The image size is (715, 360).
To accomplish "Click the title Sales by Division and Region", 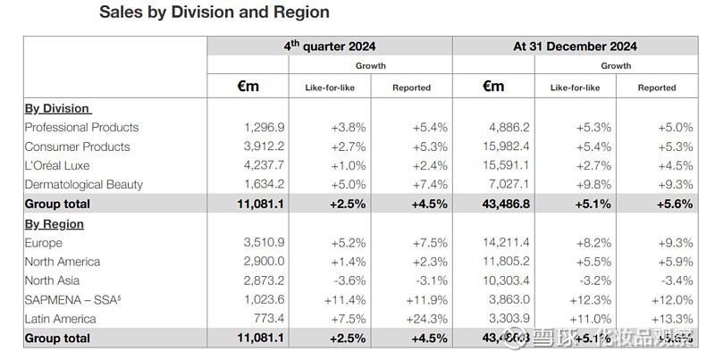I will tap(214, 13).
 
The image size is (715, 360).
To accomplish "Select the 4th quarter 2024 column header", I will tap(330, 46).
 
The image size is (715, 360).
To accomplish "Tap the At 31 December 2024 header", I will tap(575, 46).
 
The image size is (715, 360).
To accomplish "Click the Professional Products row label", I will tap(81, 128).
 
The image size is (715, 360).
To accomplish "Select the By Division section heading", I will tap(57, 108).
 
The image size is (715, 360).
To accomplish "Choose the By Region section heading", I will tap(55, 224).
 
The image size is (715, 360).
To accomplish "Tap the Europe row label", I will tap(44, 243).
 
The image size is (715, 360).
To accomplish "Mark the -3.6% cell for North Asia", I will tap(349, 280).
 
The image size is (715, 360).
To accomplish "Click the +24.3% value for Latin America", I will tap(429, 319).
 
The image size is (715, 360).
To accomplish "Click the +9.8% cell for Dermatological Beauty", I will tap(591, 185).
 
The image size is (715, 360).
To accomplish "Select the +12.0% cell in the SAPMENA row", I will tap(674, 300).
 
